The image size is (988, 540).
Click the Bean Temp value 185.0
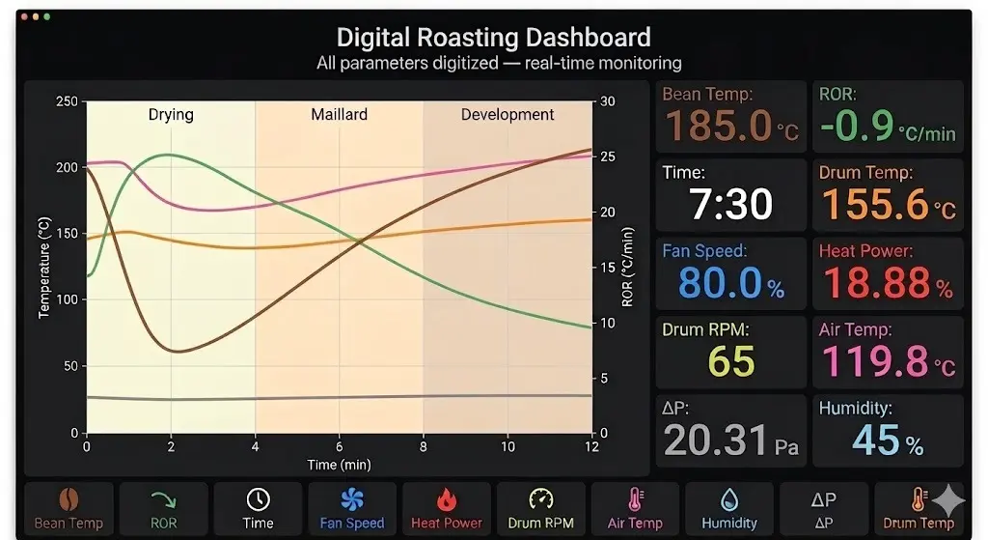point(718,125)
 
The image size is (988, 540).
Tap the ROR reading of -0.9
point(857,125)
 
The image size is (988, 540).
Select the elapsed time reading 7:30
point(731,204)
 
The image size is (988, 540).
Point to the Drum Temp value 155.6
point(875,204)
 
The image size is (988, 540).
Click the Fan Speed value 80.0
point(720,282)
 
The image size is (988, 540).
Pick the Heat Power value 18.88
point(876,282)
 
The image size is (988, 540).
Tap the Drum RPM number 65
point(731,361)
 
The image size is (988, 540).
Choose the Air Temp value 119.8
point(875,361)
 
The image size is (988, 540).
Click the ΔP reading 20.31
point(716,440)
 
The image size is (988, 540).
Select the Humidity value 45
point(876,440)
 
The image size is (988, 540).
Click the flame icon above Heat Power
point(446,499)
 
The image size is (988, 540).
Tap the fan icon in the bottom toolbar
point(351,499)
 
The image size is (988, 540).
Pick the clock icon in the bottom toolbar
point(258,499)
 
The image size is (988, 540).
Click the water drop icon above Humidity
point(729,500)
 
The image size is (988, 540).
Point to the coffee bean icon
point(69,499)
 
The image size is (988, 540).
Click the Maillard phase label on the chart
point(339,114)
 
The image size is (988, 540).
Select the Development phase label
point(508,114)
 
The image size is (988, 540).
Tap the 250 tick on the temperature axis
point(67,100)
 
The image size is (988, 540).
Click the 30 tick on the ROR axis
point(608,100)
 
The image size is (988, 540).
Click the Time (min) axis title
point(339,465)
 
